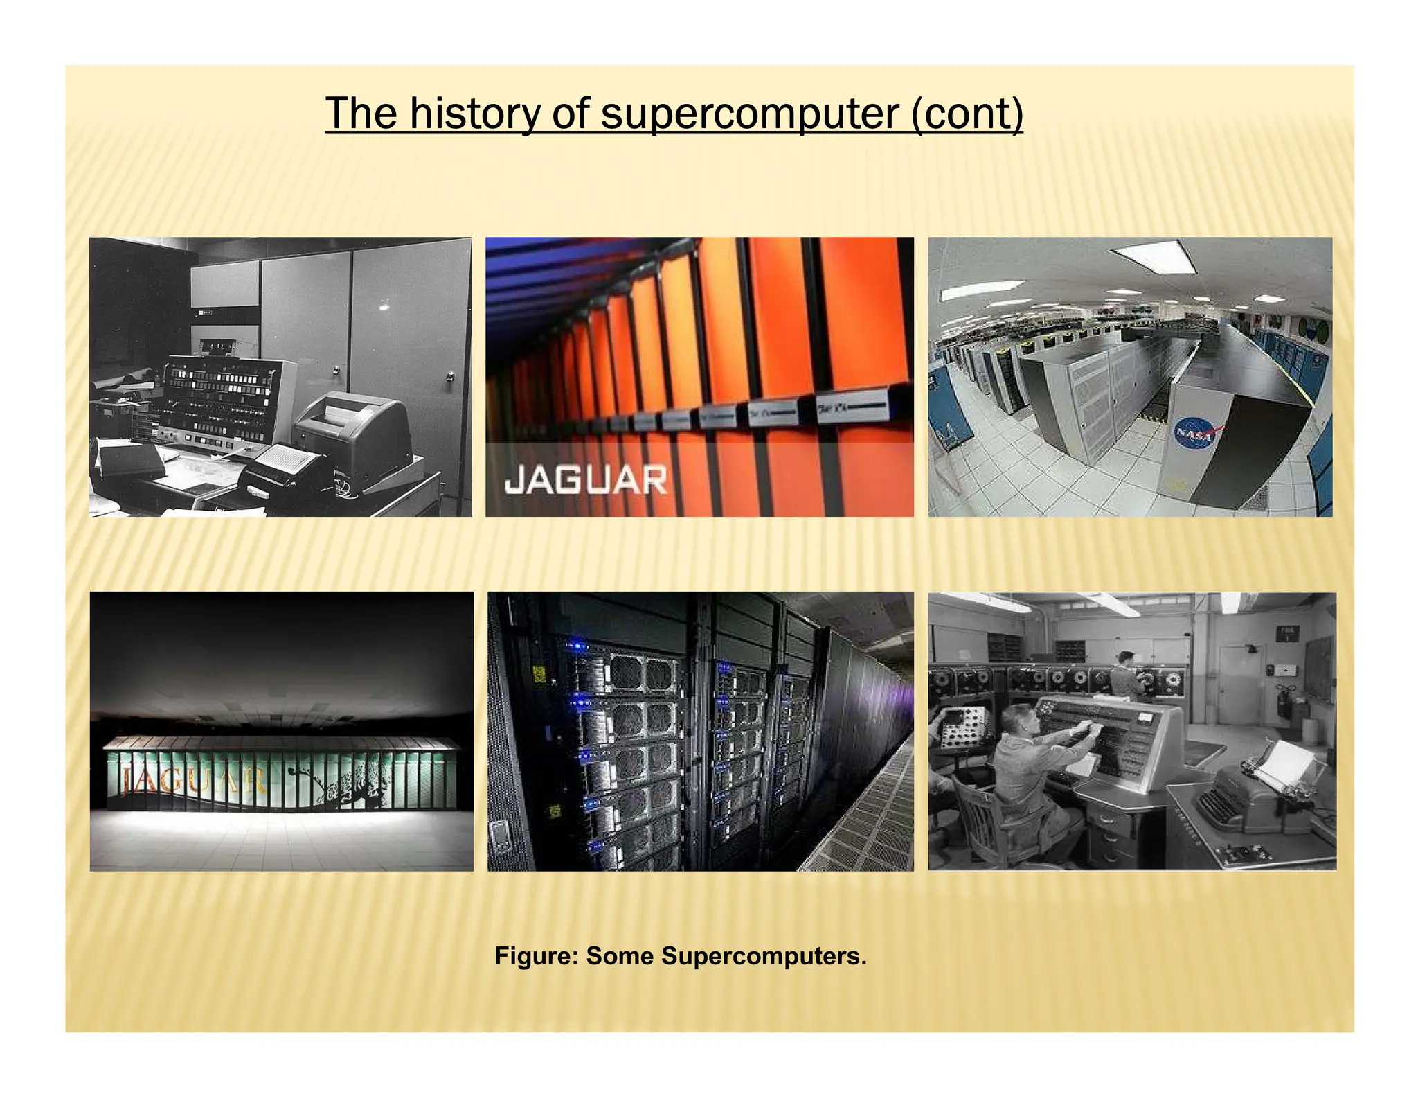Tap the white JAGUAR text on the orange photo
585,480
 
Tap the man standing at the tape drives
1126,682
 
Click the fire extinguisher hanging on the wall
1282,700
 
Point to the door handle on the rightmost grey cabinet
450,377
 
